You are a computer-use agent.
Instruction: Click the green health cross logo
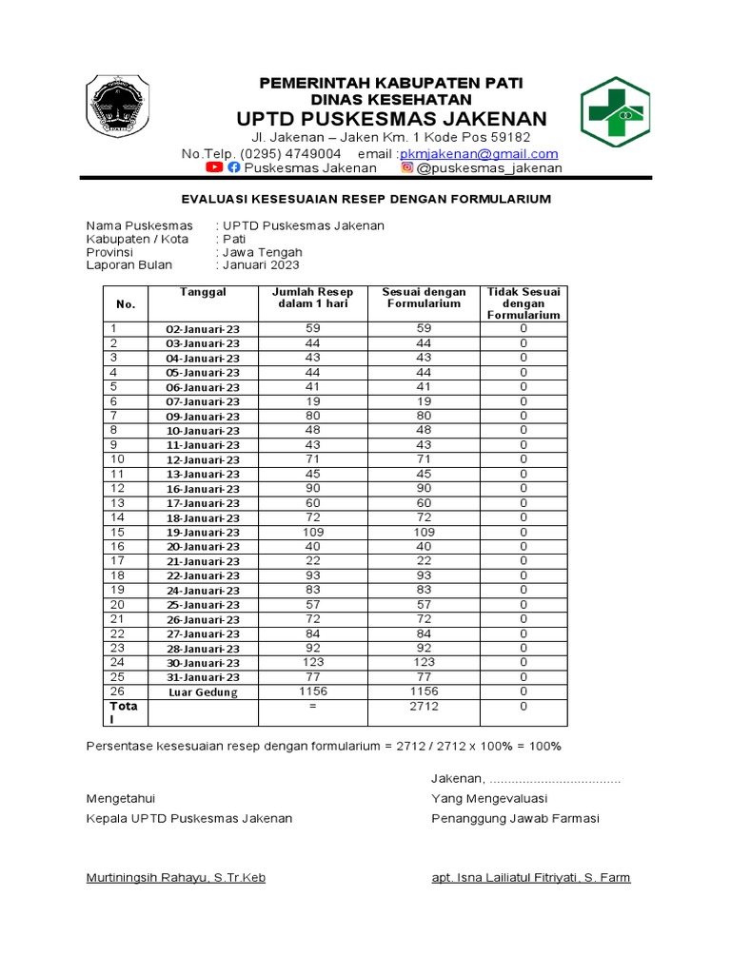615,111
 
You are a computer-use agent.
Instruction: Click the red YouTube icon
214,167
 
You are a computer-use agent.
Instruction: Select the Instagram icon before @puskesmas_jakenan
406,168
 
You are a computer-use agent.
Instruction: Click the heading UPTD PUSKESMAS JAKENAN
391,119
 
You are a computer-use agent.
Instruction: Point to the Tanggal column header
203,292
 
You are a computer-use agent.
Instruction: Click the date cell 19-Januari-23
203,533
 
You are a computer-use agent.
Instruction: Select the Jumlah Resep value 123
312,662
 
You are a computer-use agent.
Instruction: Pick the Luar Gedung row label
203,692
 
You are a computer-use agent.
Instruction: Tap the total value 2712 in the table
424,707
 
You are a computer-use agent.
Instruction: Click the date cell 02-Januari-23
203,329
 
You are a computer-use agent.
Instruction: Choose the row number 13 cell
118,503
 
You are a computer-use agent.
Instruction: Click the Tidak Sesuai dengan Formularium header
523,302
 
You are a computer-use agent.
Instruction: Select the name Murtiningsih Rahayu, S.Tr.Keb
176,878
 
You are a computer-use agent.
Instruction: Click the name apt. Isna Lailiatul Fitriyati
530,878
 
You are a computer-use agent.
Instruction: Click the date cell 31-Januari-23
203,677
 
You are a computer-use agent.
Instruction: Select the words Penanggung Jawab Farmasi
515,819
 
